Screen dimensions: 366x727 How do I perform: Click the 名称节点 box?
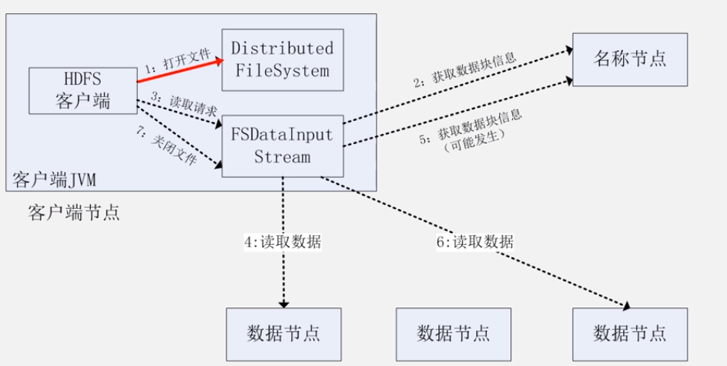coord(630,59)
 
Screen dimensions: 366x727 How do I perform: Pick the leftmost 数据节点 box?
coord(283,334)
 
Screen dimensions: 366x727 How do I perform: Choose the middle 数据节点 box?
coord(453,334)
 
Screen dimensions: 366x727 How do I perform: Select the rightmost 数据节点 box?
coord(630,334)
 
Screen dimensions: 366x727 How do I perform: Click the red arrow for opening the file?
coord(181,69)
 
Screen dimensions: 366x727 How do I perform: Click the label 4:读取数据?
coord(283,241)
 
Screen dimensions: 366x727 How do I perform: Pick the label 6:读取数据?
coord(474,241)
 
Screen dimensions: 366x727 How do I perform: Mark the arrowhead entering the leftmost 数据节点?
coord(283,303)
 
